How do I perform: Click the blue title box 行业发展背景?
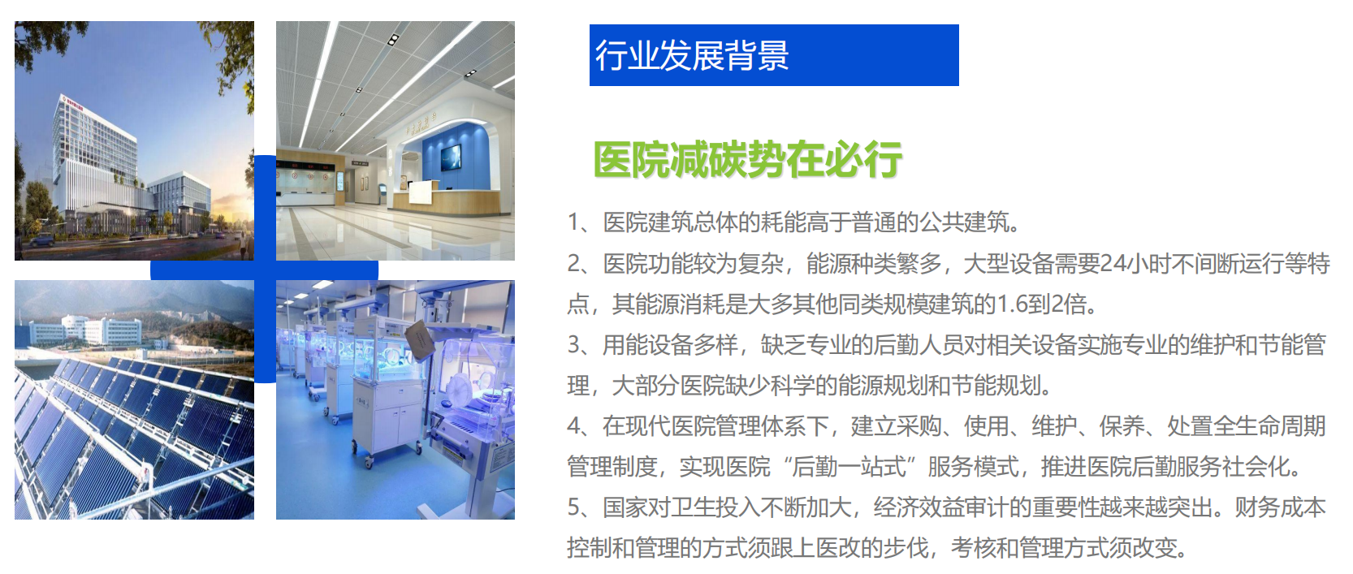[x=774, y=55]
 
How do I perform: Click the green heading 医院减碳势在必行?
[x=748, y=159]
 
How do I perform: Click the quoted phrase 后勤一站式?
[x=849, y=467]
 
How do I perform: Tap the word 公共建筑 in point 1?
[x=964, y=222]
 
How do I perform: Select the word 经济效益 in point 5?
[x=918, y=507]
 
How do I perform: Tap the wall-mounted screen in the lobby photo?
[x=451, y=158]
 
